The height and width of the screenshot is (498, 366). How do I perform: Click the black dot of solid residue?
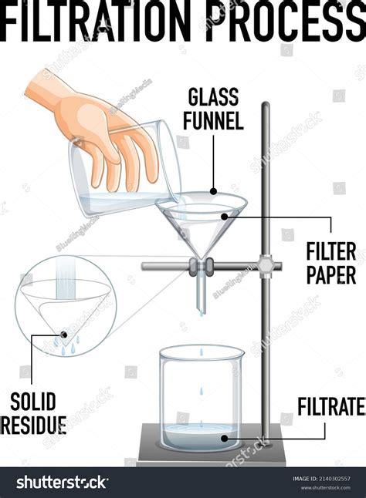pos(62,334)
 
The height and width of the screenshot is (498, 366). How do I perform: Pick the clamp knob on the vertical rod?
pos(266,267)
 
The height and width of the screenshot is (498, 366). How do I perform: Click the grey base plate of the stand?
pos(211,458)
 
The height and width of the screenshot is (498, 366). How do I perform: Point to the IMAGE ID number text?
pos(323,478)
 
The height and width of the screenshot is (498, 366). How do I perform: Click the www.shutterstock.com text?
pos(323,488)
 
